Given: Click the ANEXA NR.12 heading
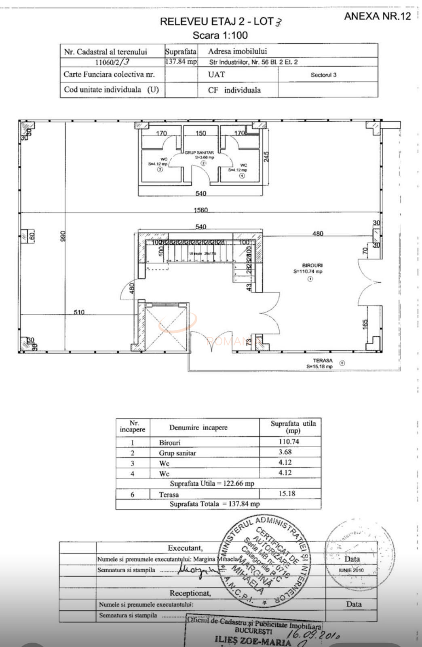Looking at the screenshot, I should (x=377, y=16).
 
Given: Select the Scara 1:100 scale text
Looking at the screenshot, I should (x=220, y=35).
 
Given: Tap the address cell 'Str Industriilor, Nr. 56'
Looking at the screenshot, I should (x=253, y=62).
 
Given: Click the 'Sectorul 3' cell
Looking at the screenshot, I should (x=323, y=75).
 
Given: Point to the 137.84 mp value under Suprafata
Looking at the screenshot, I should (x=181, y=62).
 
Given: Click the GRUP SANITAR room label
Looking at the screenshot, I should (x=199, y=153).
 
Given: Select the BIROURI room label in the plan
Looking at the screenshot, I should (x=312, y=266).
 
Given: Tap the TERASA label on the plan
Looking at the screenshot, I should (x=323, y=360).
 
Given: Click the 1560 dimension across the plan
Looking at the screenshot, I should (x=201, y=210).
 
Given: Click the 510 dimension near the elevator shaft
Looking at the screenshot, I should (x=79, y=312).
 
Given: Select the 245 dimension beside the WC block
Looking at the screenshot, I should (x=266, y=156).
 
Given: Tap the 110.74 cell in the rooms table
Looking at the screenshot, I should (x=289, y=442).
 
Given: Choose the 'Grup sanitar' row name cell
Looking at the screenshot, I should (x=177, y=453).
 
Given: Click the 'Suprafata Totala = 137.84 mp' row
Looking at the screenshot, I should (x=215, y=504).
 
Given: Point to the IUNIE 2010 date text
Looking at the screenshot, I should (x=351, y=570).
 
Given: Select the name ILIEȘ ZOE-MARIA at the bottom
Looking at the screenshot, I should (x=253, y=641).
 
